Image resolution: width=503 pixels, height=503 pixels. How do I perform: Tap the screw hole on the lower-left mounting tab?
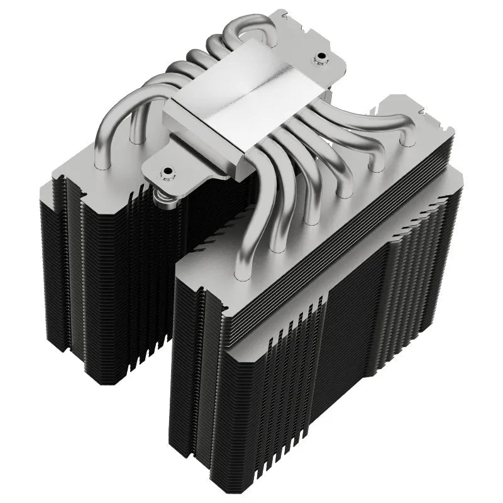[168, 171]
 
